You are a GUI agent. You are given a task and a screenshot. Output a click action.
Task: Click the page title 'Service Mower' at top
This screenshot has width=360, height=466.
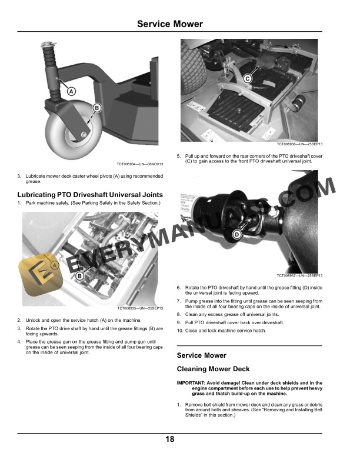coord(170,24)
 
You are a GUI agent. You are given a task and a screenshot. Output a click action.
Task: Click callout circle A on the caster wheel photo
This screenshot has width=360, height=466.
coord(71,91)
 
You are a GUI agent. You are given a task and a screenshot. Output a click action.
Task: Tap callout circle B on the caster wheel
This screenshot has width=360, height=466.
coord(96,108)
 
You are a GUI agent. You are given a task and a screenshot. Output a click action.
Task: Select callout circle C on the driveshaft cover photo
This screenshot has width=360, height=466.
coord(247,79)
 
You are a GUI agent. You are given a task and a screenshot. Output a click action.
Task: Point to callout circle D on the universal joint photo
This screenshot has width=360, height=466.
coord(236,235)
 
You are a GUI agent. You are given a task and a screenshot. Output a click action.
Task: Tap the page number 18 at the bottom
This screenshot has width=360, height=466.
coord(170,439)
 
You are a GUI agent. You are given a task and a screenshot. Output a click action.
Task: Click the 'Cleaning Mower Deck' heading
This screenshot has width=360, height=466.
coord(214,369)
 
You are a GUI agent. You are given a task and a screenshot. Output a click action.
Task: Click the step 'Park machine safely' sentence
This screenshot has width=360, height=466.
coord(89,204)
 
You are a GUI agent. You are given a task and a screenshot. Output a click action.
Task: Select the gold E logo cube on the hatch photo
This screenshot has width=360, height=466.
coord(37,271)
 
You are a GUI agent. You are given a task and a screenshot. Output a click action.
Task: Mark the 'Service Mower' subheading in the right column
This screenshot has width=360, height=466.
coord(201,355)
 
